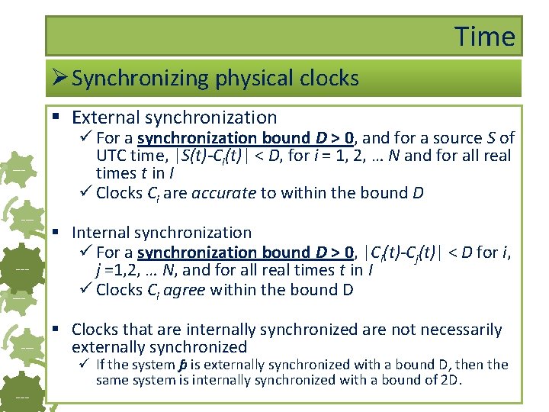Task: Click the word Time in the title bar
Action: pos(485,36)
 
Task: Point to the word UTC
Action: pos(112,156)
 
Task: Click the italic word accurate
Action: pos(223,193)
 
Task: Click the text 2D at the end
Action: pos(451,379)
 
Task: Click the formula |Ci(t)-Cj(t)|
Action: pos(405,253)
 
